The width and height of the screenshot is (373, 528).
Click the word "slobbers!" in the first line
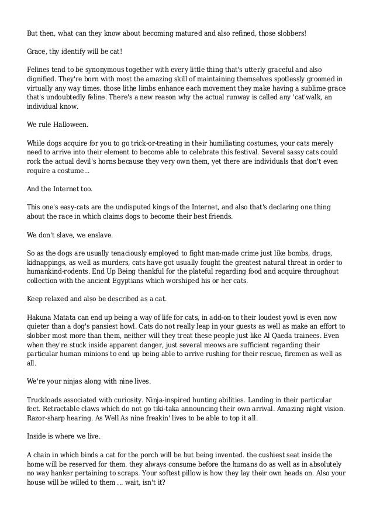click(x=289, y=33)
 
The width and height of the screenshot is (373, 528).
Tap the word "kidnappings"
click(x=49, y=262)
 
